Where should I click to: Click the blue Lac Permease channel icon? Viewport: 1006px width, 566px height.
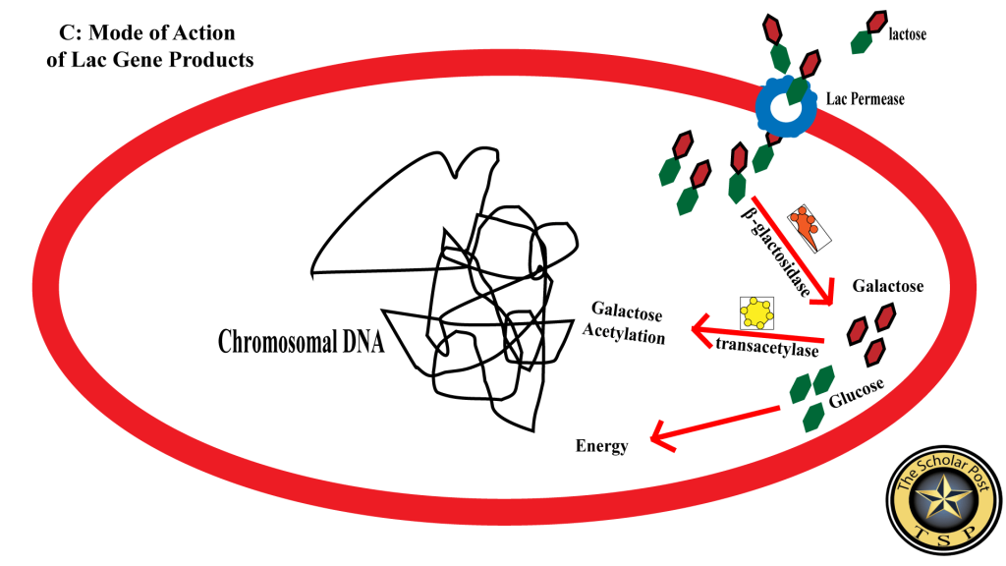click(x=787, y=107)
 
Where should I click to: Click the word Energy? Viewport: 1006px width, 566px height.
click(x=601, y=446)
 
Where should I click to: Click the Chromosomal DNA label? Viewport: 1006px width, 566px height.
click(x=301, y=342)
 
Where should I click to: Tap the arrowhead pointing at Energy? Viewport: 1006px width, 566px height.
click(x=661, y=437)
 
